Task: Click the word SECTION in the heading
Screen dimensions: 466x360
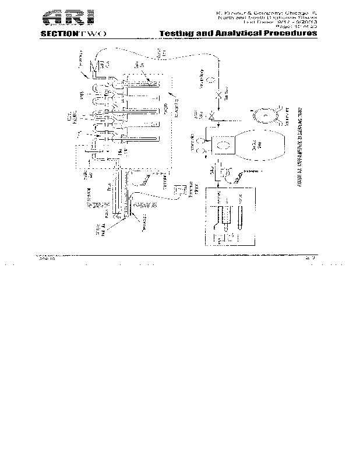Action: (58, 34)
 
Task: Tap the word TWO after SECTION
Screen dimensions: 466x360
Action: (91, 34)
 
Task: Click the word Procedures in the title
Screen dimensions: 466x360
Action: (290, 34)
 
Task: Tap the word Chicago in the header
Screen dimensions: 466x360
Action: (291, 11)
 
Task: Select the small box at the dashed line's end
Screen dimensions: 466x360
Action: (180, 190)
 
